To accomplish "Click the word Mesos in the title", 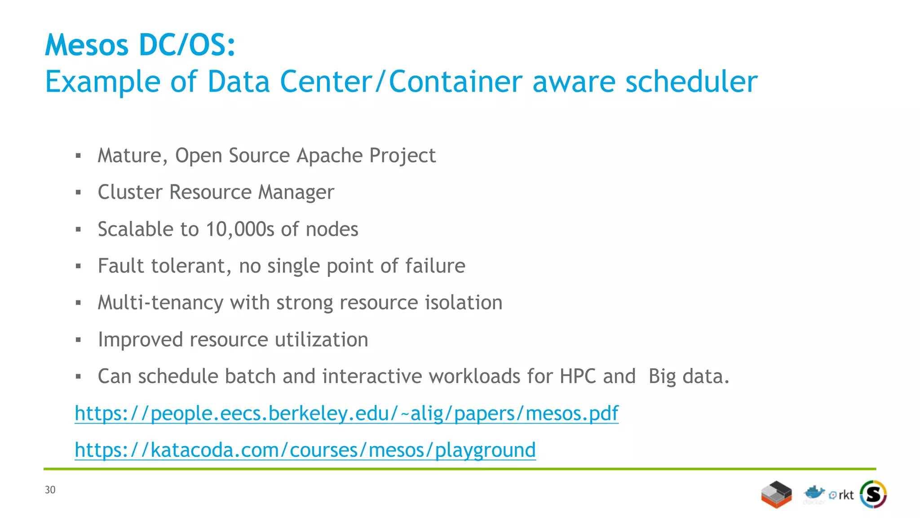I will [x=87, y=45].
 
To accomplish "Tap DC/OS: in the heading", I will [x=187, y=45].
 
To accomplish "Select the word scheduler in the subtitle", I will [x=691, y=82].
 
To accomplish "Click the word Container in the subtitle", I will [x=456, y=82].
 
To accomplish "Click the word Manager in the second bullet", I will [x=296, y=192].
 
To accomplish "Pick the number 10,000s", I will [x=239, y=229].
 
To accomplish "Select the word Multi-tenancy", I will [x=160, y=303].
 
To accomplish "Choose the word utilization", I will [x=321, y=339].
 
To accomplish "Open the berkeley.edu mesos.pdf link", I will [x=346, y=413].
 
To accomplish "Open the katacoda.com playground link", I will [x=305, y=450].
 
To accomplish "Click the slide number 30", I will [x=50, y=490].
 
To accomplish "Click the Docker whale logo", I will [x=814, y=493].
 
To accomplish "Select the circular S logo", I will [x=873, y=494].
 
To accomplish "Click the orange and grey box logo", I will [x=776, y=494].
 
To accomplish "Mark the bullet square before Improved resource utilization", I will [x=78, y=340].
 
